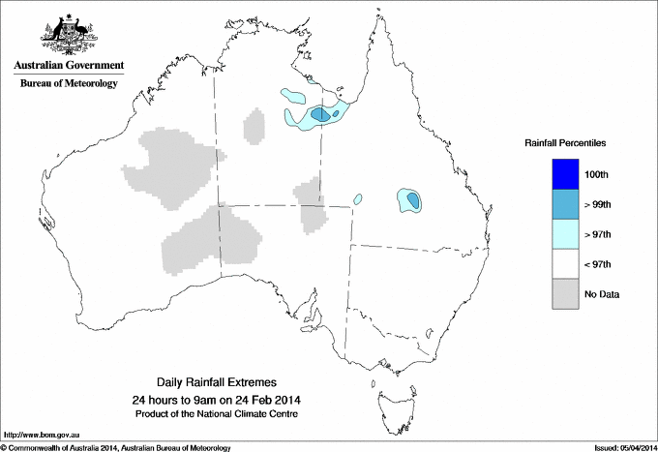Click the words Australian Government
[68, 66]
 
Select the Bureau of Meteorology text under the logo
[68, 83]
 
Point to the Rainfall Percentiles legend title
[565, 143]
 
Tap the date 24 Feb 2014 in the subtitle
[258, 400]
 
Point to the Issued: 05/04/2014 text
[620, 447]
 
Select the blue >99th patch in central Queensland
[413, 200]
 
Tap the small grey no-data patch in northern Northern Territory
[254, 127]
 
